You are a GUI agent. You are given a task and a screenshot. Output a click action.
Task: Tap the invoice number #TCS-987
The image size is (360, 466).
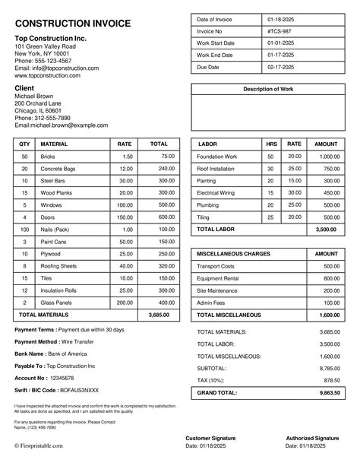(x=279, y=31)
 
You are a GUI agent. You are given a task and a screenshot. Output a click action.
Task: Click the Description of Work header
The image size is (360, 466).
(x=267, y=89)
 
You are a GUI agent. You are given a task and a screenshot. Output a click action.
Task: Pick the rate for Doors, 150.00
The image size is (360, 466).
(x=125, y=217)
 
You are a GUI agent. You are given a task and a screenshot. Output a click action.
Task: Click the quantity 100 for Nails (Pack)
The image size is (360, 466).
(x=24, y=229)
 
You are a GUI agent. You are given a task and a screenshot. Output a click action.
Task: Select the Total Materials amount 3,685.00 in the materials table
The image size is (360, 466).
(x=159, y=314)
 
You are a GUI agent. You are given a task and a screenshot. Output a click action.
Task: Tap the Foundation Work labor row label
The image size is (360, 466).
(x=217, y=156)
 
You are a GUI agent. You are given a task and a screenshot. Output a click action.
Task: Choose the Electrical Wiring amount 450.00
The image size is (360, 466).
(x=329, y=192)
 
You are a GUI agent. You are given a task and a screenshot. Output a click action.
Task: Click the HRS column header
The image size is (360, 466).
(x=271, y=143)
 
